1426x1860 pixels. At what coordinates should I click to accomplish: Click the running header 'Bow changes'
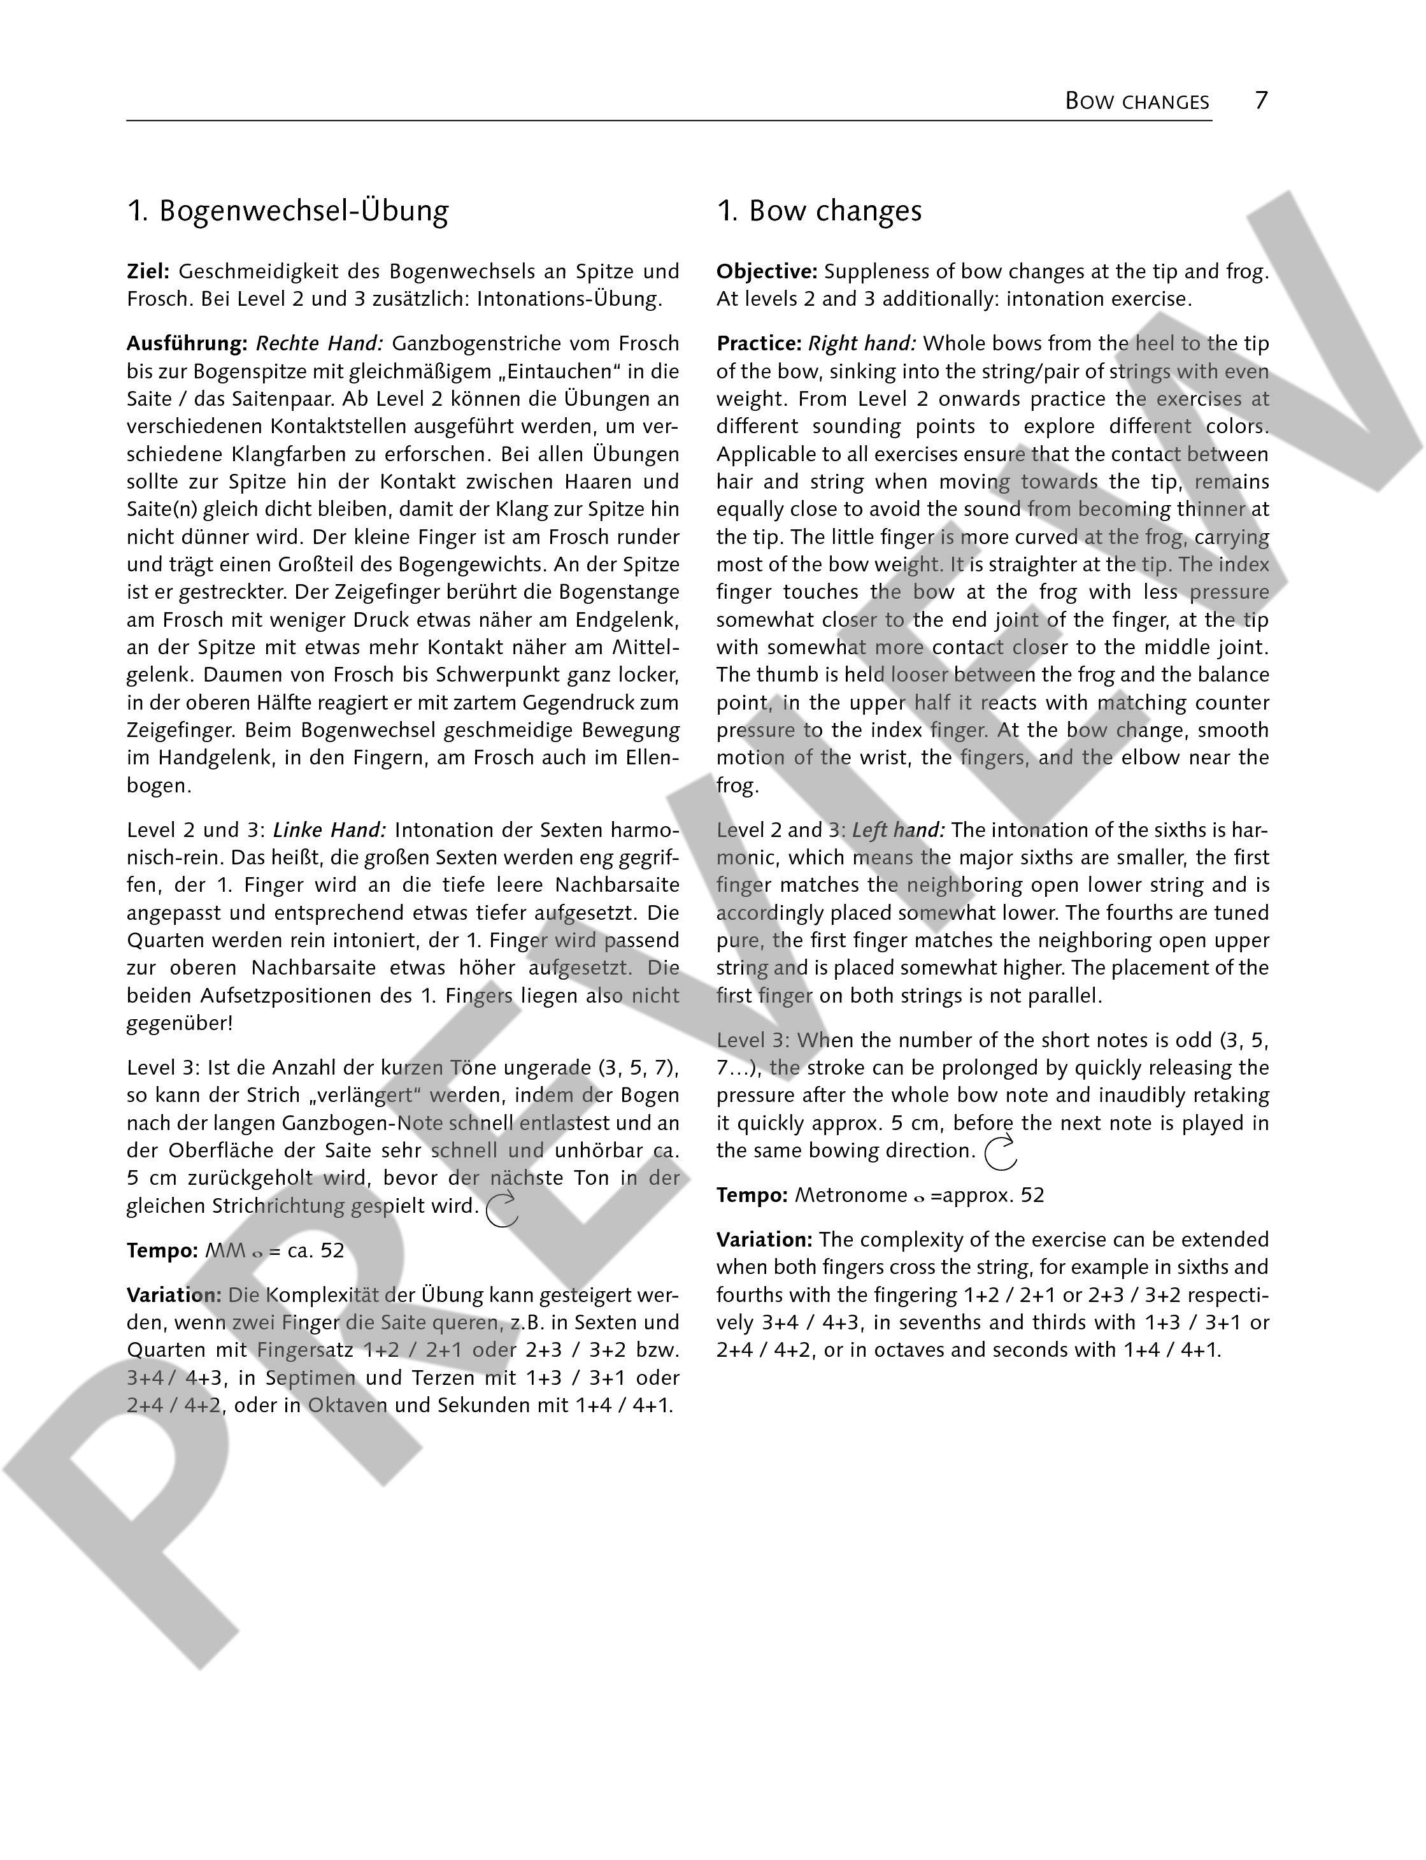(1137, 102)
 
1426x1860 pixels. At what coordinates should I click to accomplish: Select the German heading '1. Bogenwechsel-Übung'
(288, 211)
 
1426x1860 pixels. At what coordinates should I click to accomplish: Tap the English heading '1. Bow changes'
(819, 211)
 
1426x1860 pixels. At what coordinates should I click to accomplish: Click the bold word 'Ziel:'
(148, 271)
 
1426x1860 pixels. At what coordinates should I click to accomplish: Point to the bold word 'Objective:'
(766, 271)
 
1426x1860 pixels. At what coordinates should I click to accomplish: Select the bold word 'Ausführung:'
(187, 344)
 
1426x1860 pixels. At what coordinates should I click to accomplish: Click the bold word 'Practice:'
(759, 344)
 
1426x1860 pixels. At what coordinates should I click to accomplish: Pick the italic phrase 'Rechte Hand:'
(320, 344)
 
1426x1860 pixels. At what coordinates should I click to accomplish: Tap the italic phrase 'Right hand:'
(862, 344)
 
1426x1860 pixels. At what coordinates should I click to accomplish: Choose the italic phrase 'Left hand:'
(899, 830)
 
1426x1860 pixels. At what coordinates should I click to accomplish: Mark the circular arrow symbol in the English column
(1001, 1153)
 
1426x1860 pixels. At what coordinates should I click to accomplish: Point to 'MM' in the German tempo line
(225, 1251)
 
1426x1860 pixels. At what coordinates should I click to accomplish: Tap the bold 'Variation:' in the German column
(174, 1296)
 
